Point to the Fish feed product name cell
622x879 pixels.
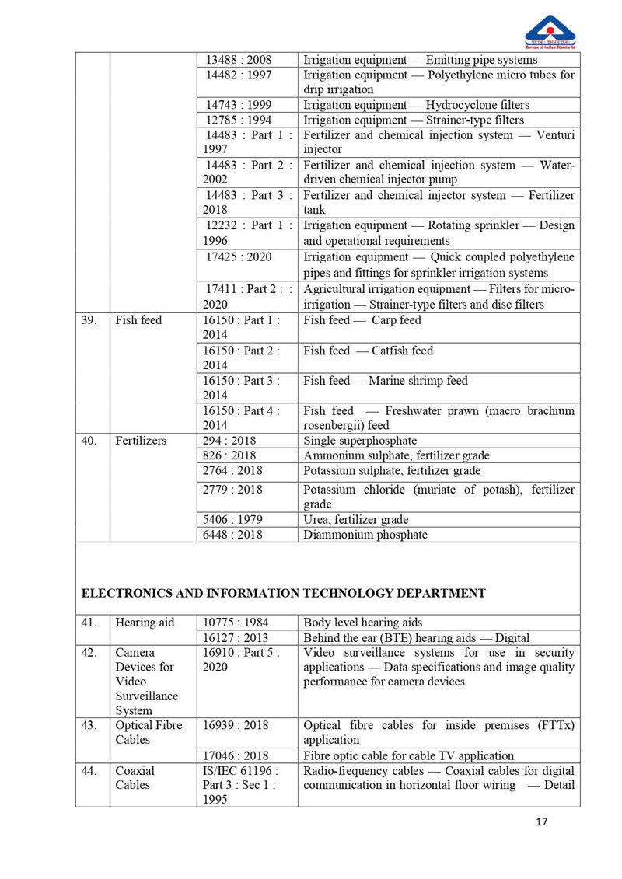pyautogui.click(x=138, y=320)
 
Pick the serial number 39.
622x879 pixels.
pyautogui.click(x=90, y=320)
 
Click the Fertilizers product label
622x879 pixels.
pyautogui.click(x=141, y=441)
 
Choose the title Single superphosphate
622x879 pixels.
pyautogui.click(x=360, y=441)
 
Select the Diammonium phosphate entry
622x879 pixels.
pyautogui.click(x=365, y=535)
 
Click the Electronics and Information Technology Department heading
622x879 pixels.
pyautogui.click(x=284, y=593)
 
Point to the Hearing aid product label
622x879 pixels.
pyautogui.click(x=145, y=623)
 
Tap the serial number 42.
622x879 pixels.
pyautogui.click(x=90, y=653)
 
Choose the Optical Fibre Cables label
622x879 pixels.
pyautogui.click(x=149, y=732)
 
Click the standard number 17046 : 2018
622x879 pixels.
pyautogui.click(x=235, y=755)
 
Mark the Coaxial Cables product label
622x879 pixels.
pyautogui.click(x=135, y=778)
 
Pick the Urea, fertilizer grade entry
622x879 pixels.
pyautogui.click(x=355, y=519)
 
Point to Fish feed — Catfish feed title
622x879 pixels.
pyautogui.click(x=368, y=351)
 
